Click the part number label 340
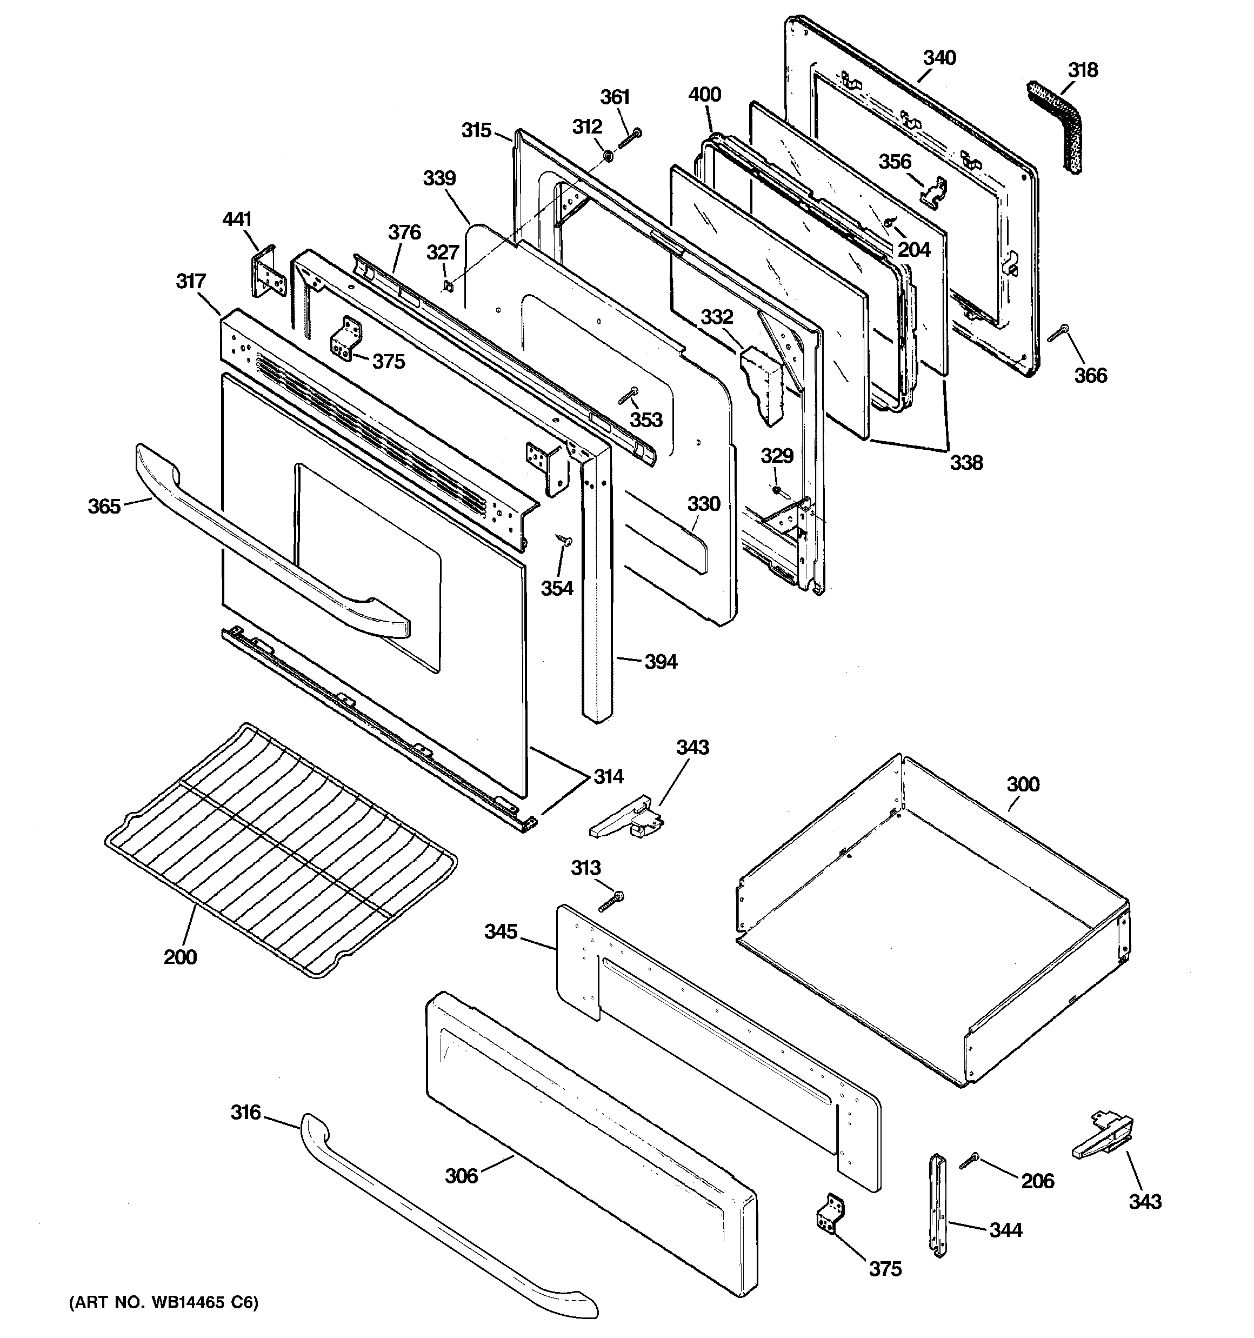pyautogui.click(x=939, y=58)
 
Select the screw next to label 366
pyautogui.click(x=1058, y=332)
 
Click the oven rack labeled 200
pyautogui.click(x=283, y=848)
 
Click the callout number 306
pyautogui.click(x=461, y=1176)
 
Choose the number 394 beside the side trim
pyautogui.click(x=661, y=662)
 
